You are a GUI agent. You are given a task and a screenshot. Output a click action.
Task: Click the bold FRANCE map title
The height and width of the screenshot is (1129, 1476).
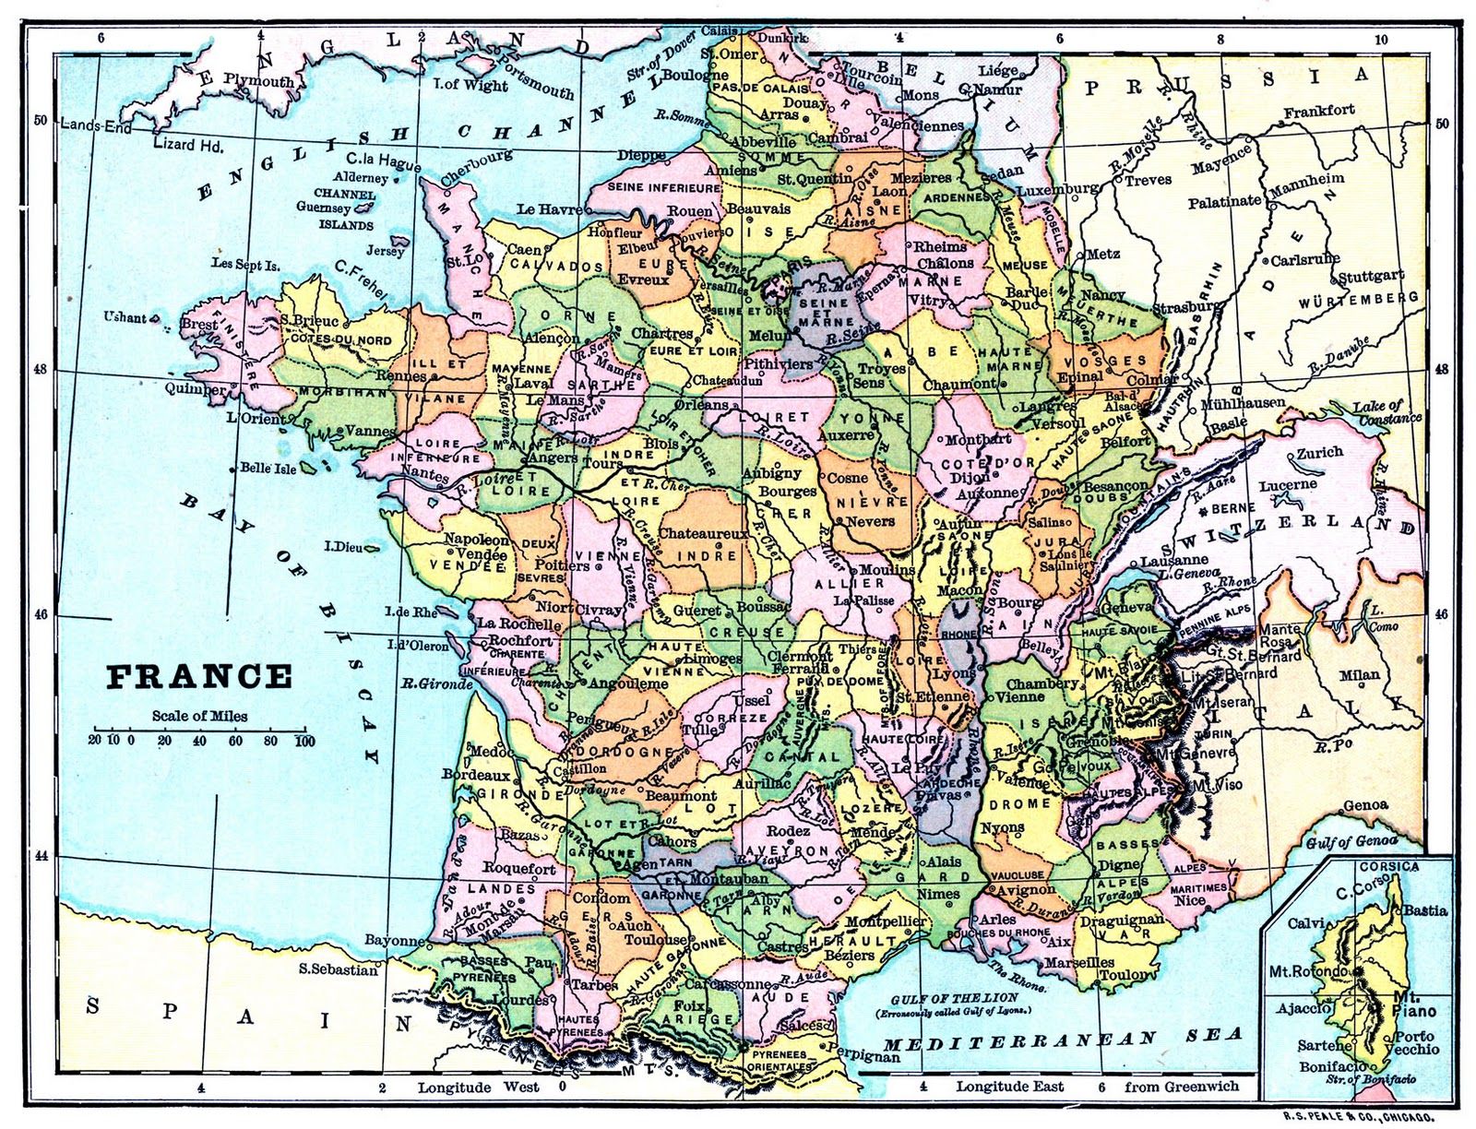coord(198,677)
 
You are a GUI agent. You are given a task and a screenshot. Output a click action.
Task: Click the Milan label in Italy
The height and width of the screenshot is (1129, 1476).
coord(1360,674)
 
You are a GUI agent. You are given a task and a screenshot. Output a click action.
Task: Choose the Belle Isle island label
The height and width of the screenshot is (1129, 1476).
coord(268,468)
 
